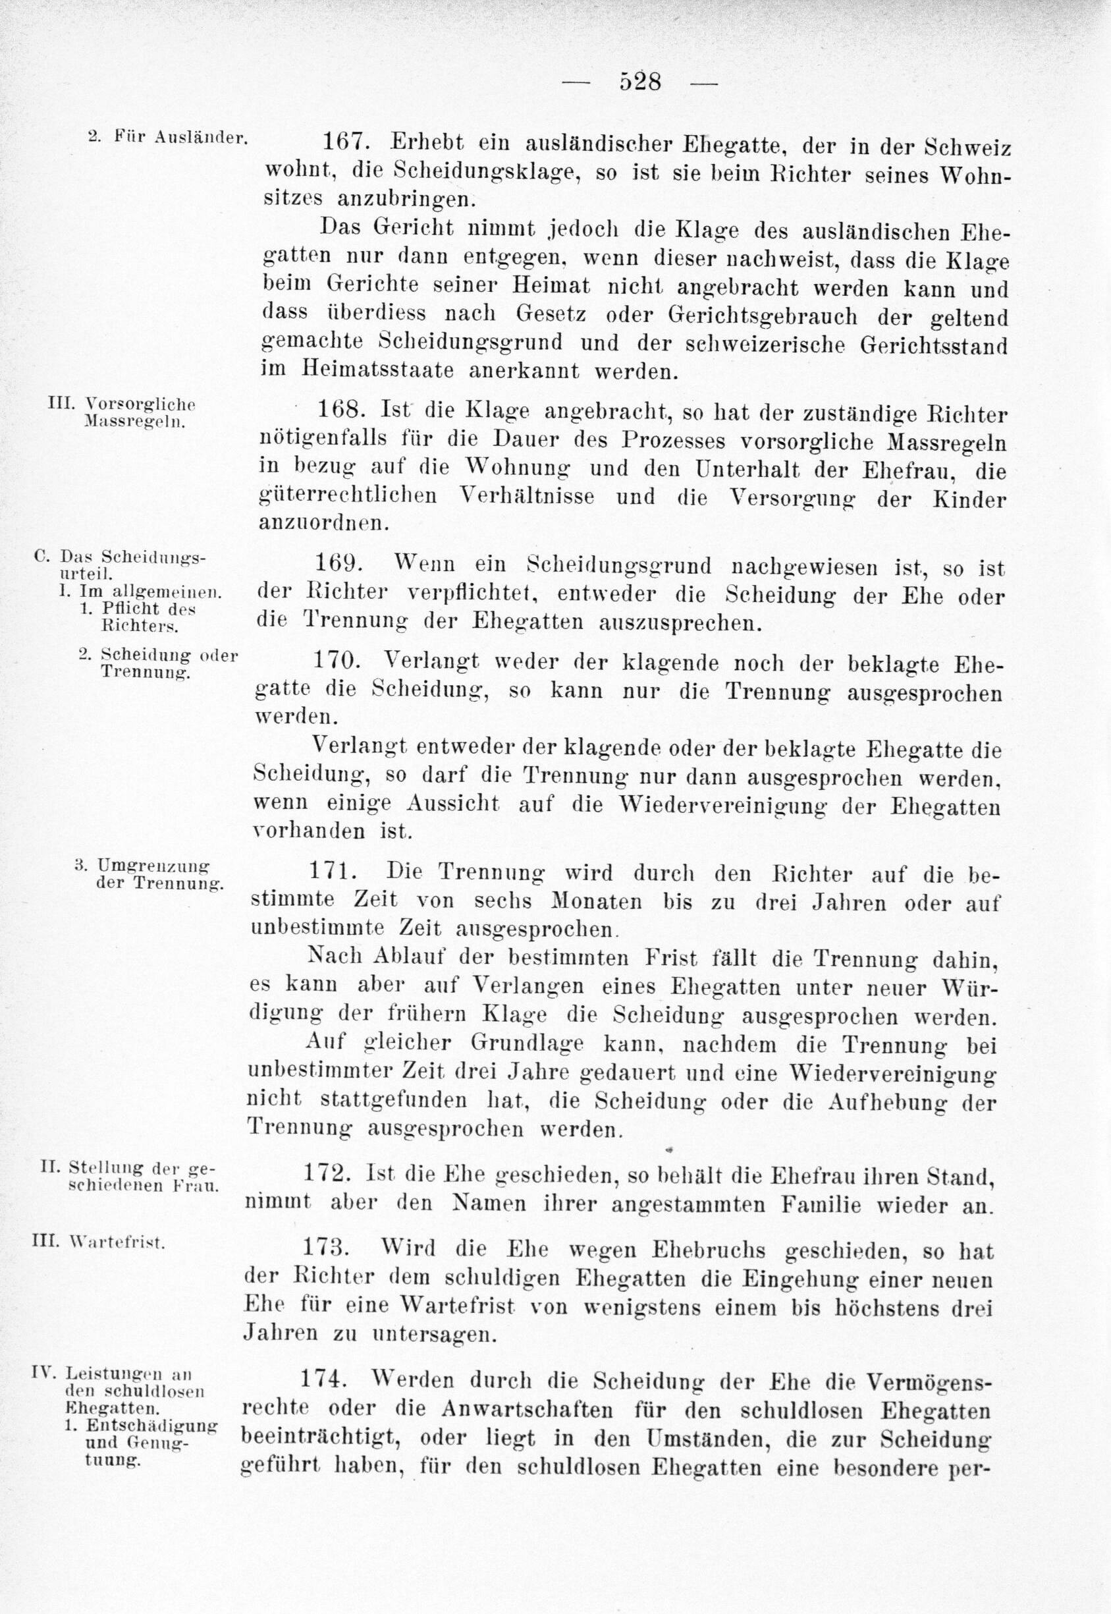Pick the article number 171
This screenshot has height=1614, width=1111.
click(330, 872)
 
